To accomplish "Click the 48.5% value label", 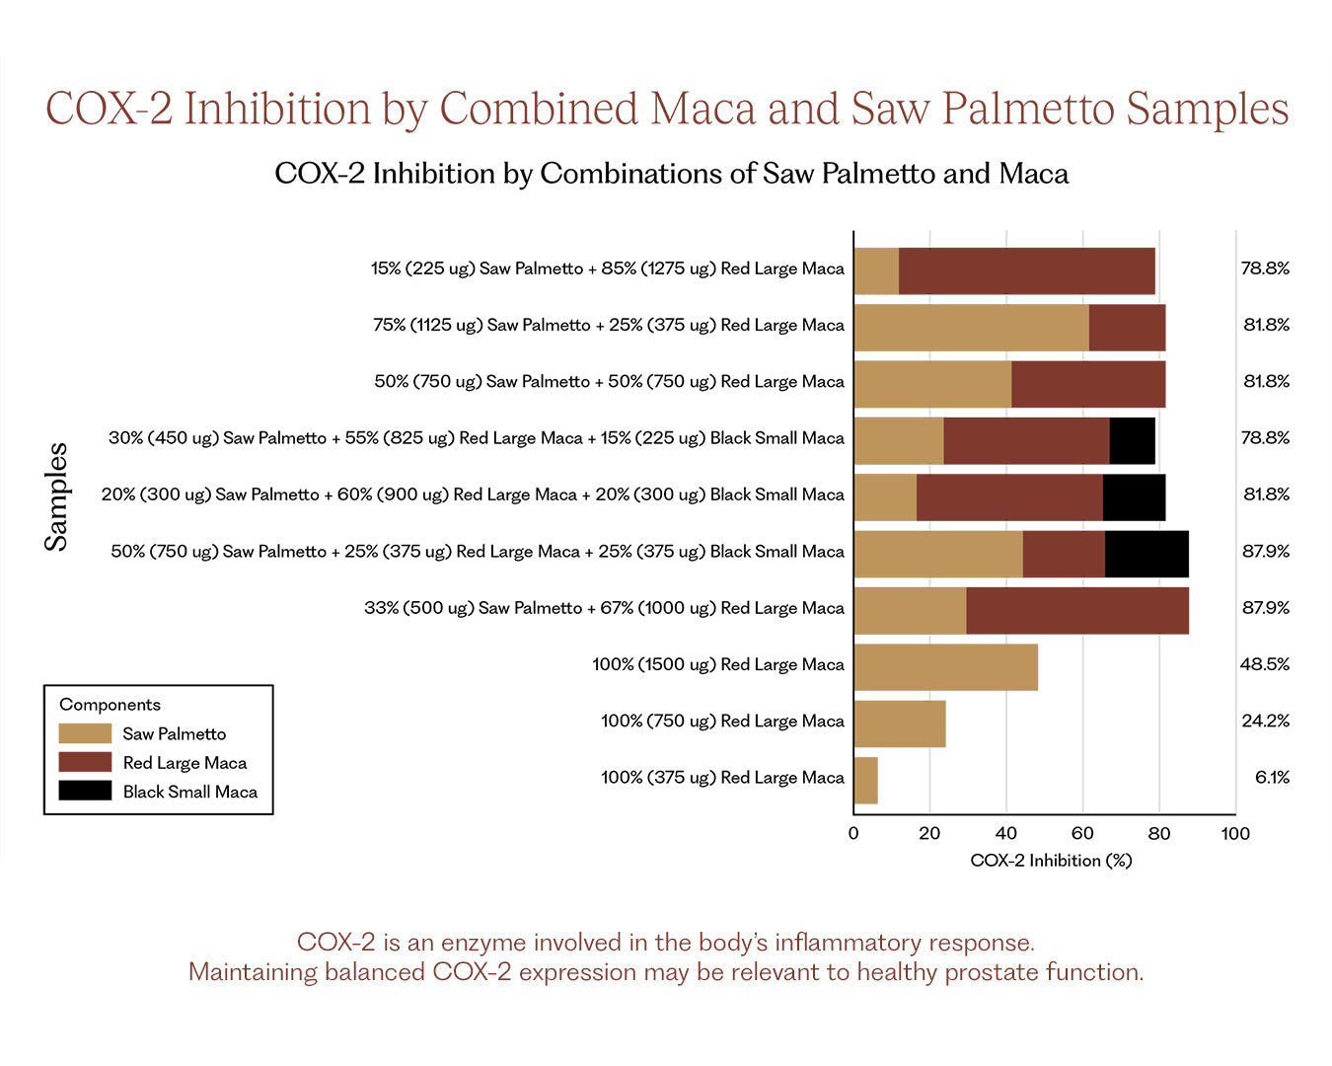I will pyautogui.click(x=1264, y=664).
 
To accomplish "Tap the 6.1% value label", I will pyautogui.click(x=1272, y=778).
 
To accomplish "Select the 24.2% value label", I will pyautogui.click(x=1265, y=721).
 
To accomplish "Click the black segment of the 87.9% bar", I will pyautogui.click(x=1147, y=554).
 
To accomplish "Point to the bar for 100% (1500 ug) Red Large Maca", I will pyautogui.click(x=945, y=667).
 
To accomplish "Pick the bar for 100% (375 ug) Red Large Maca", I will pyautogui.click(x=865, y=781).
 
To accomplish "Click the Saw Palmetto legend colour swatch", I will pyautogui.click(x=85, y=733).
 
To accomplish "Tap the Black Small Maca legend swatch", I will pyautogui.click(x=85, y=791).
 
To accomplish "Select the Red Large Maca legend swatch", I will pyautogui.click(x=85, y=762).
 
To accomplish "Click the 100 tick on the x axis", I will pyautogui.click(x=1235, y=834).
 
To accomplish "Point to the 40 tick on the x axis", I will pyautogui.click(x=1006, y=834).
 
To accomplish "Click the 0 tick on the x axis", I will pyautogui.click(x=853, y=834).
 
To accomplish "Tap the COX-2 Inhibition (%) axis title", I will pyautogui.click(x=1051, y=861).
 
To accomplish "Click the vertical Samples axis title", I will pyautogui.click(x=56, y=496).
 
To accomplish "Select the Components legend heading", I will pyautogui.click(x=110, y=705).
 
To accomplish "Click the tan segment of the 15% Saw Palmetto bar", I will pyautogui.click(x=876, y=271).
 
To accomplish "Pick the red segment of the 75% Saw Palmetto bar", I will pyautogui.click(x=1127, y=328).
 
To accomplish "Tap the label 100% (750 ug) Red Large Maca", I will pyautogui.click(x=722, y=722).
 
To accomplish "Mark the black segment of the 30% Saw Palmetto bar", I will pyautogui.click(x=1132, y=441).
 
